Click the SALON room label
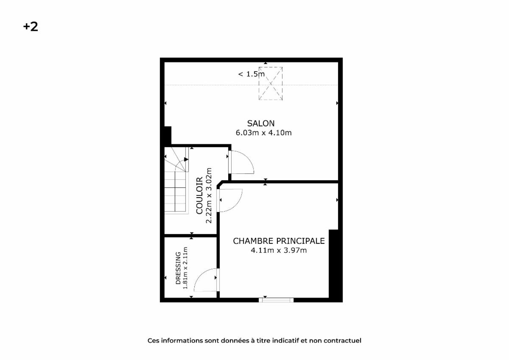pos(261,123)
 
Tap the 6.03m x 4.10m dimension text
pos(263,133)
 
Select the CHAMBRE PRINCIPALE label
pos(279,241)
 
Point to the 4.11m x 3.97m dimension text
pos(279,250)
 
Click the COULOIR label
pos(199,195)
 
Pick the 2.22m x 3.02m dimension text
pos(209,195)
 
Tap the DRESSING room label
pos(178,268)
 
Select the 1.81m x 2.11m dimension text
pos(185,268)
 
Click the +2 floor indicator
pos(31,27)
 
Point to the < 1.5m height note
pos(251,74)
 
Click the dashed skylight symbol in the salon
pos(271,84)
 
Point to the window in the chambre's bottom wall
pos(276,300)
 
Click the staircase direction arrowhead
pos(186,159)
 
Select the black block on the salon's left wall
pos(168,136)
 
